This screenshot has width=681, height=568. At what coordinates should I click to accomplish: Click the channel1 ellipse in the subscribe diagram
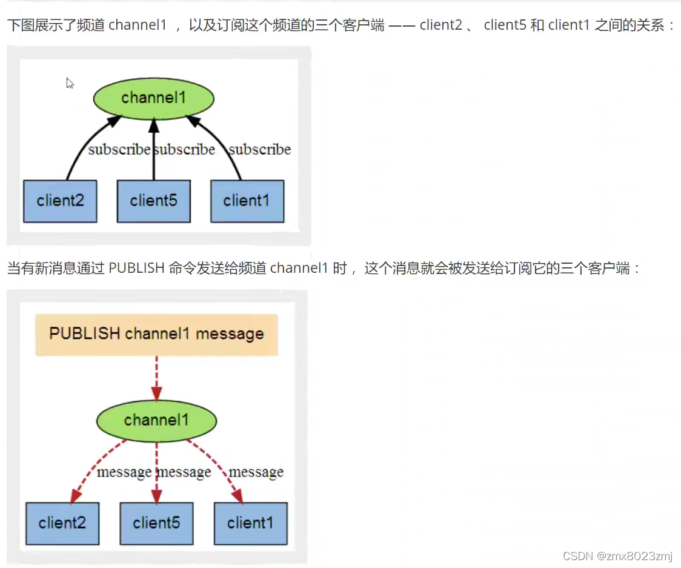pyautogui.click(x=153, y=98)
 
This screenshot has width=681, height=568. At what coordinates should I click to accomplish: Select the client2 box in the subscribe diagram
pyautogui.click(x=60, y=201)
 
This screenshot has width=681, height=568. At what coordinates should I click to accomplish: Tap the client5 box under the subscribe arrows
pyautogui.click(x=153, y=201)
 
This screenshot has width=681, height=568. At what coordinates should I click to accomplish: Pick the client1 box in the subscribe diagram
pyautogui.click(x=247, y=201)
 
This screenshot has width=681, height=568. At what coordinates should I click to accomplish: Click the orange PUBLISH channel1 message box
pyautogui.click(x=156, y=334)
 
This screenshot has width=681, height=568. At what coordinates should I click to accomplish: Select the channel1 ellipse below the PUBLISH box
pyautogui.click(x=156, y=420)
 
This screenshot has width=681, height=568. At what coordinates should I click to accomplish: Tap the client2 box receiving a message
pyautogui.click(x=62, y=523)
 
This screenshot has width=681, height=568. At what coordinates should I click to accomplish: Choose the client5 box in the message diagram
pyautogui.click(x=156, y=523)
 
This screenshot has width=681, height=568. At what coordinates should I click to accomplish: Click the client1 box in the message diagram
pyautogui.click(x=250, y=523)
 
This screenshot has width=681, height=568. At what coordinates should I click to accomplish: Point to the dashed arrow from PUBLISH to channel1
pyautogui.click(x=157, y=378)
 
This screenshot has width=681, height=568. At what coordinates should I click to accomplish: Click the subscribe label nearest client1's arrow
pyautogui.click(x=260, y=149)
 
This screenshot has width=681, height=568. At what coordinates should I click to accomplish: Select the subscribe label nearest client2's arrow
pyautogui.click(x=118, y=149)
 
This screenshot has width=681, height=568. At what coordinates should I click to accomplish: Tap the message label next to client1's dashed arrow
pyautogui.click(x=256, y=472)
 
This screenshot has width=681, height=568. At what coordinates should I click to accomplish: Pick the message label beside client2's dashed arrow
pyautogui.click(x=124, y=472)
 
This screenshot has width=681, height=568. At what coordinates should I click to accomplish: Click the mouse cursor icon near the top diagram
pyautogui.click(x=70, y=83)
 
